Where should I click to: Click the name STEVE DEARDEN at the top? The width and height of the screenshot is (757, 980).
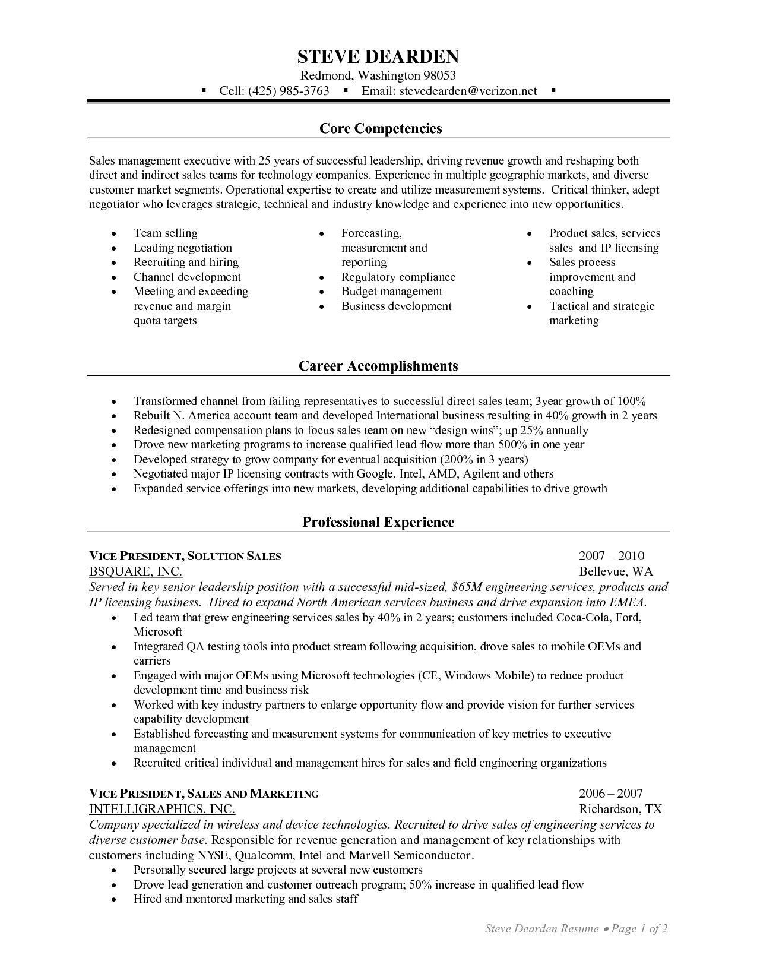378,57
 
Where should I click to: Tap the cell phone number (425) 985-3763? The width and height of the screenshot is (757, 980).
289,91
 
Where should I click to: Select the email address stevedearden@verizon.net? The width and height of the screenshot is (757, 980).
468,91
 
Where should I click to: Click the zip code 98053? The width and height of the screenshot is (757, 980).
439,75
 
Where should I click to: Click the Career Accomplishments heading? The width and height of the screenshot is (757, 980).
378,366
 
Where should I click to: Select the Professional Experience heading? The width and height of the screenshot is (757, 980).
378,522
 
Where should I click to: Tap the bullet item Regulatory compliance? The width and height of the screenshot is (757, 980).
398,277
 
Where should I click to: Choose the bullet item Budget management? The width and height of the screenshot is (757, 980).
391,292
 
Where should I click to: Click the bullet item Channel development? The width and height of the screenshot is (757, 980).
187,277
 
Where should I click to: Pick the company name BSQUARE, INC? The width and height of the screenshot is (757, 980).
135,571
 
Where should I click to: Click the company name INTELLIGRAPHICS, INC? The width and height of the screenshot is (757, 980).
161,809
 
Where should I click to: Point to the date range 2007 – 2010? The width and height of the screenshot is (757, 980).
611,556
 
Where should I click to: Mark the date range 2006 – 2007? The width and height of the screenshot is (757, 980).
610,794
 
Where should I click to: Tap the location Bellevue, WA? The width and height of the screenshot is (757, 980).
616,571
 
